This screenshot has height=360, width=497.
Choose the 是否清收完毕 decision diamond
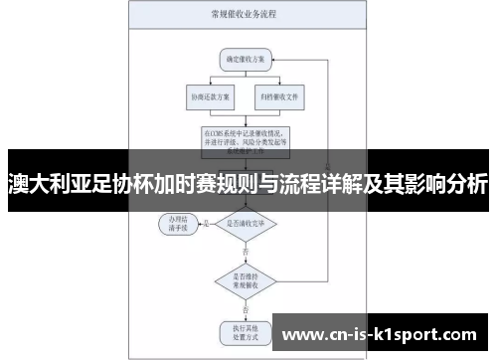(x=242, y=224)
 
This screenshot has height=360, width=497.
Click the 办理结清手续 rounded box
(x=179, y=223)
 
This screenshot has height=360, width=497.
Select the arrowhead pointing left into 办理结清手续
(x=199, y=225)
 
